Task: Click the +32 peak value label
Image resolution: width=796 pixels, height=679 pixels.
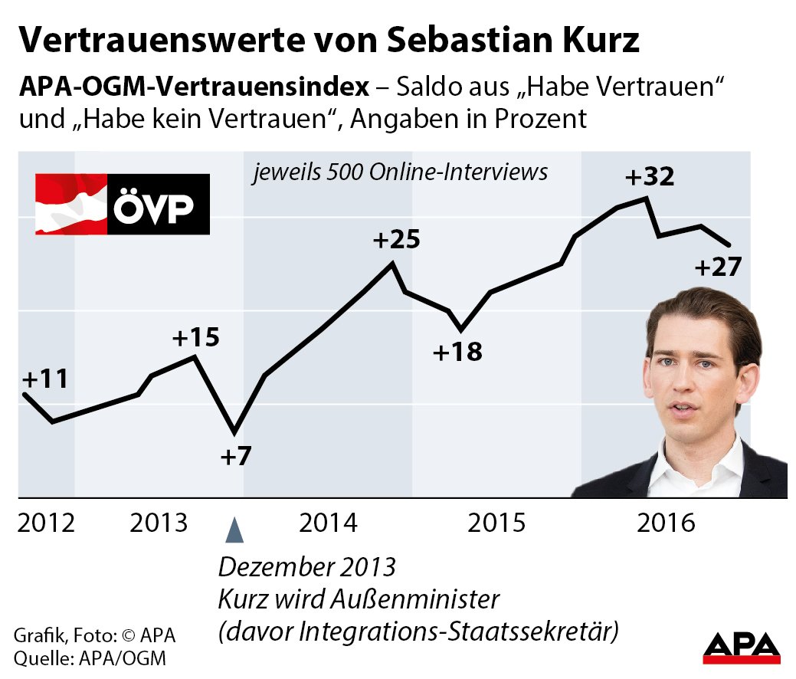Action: (x=650, y=177)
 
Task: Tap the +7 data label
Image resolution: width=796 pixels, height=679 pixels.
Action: (x=235, y=457)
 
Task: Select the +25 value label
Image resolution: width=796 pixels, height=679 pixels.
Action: (x=396, y=240)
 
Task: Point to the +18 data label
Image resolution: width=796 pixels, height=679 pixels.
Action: (x=457, y=353)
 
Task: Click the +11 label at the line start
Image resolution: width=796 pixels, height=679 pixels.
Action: (x=44, y=379)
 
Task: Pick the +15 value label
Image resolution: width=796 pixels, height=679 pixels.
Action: (x=195, y=337)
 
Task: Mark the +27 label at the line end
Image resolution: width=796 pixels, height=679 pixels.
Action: (x=718, y=268)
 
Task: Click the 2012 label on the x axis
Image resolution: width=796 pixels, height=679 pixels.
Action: (x=47, y=523)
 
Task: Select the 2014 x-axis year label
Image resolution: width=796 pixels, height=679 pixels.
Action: (x=329, y=523)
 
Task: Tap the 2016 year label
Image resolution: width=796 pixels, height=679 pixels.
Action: (x=666, y=523)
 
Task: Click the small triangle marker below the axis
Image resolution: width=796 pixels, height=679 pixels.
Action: (x=237, y=530)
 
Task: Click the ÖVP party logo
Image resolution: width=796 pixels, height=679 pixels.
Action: (x=123, y=204)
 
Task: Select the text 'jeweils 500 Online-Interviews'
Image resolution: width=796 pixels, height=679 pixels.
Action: (x=401, y=172)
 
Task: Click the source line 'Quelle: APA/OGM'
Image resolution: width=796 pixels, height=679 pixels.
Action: (x=89, y=658)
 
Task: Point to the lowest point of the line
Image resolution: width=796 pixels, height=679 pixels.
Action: (x=235, y=432)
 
